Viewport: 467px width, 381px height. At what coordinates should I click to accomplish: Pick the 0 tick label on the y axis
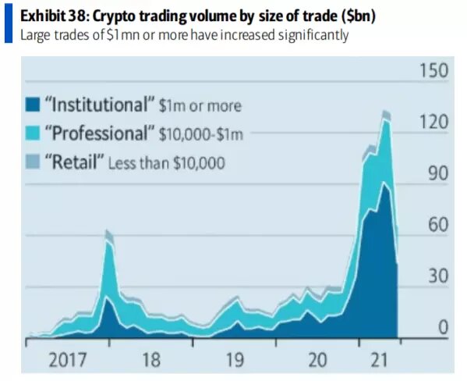point(441,328)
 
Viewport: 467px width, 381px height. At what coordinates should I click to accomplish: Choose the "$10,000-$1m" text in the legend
point(200,134)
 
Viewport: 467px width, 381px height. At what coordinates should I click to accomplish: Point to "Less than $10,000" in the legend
point(166,163)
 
